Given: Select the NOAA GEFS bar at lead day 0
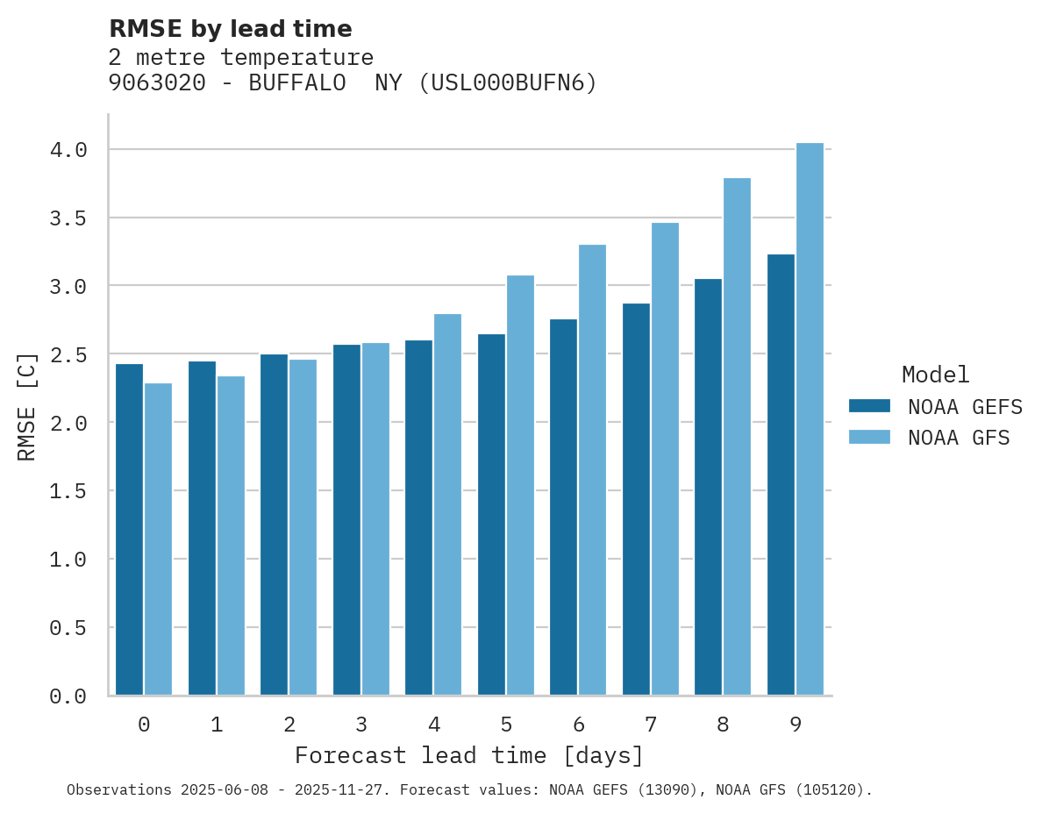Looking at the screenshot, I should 129,530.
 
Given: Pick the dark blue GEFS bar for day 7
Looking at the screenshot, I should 636,499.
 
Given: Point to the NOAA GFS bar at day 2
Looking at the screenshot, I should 303,527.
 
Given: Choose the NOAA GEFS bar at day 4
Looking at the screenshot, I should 418,518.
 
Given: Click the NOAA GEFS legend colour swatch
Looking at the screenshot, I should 869,406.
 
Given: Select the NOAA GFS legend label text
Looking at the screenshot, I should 959,438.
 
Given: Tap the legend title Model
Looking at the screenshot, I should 935,375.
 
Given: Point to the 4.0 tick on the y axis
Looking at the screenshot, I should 68,150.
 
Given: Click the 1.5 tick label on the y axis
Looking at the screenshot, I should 68,491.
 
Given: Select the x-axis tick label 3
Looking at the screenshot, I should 360,725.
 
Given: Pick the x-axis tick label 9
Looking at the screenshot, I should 795,725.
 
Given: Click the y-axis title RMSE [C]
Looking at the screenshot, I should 27,406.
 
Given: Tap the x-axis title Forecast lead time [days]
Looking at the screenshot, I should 469,755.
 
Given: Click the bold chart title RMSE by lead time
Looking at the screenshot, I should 230,29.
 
